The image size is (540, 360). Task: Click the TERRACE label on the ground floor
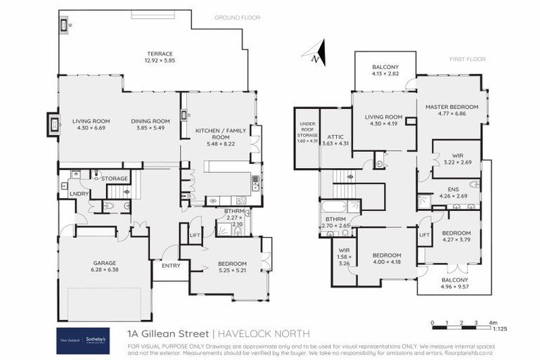coord(160,53)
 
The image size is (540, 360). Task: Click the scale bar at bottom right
coord(461,323)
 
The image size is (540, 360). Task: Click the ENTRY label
coord(171,266)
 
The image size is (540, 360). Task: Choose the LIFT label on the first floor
coord(425,235)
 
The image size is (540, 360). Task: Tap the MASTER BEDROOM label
coord(451,106)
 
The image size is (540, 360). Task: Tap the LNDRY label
coord(78,193)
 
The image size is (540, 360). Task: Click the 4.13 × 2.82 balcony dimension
coord(385,73)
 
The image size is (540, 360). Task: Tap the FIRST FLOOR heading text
coord(465,60)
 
